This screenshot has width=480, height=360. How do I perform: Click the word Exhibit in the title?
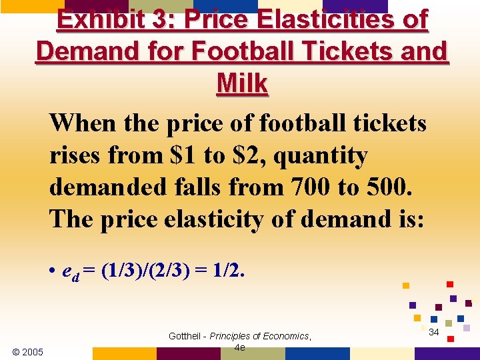pos(99,19)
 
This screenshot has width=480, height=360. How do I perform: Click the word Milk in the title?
pos(242,83)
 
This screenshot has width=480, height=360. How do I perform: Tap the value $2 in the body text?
pos(245,155)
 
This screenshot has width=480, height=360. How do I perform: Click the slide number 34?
pos(433,332)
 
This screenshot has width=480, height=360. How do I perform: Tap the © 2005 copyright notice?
pos(28,352)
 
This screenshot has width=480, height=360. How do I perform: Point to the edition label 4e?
pos(240,347)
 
